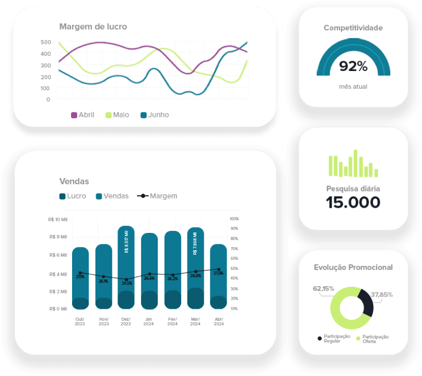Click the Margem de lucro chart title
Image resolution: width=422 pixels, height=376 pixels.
pos(93,27)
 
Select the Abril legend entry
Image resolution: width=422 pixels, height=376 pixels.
pos(83,115)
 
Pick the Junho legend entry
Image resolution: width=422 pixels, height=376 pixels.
pos(155,115)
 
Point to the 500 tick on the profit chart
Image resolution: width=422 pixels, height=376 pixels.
pos(45,42)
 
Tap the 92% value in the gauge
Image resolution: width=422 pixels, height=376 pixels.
pos(353,66)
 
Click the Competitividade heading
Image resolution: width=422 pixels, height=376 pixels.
pos(353,28)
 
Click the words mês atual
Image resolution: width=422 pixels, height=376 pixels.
pos(353,87)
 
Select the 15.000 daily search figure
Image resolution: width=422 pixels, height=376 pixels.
pos(353,203)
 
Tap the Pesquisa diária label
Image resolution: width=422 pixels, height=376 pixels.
pos(353,189)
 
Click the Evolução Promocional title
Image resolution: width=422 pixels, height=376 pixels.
pos(353,267)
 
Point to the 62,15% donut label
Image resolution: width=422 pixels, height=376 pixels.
pos(323,289)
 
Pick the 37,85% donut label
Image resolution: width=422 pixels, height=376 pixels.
pos(382,295)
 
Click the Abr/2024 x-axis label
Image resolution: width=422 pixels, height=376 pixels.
pos(218,321)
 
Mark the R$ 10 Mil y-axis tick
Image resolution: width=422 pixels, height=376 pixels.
pos(57,219)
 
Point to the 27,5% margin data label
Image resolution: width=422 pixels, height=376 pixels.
pos(218,273)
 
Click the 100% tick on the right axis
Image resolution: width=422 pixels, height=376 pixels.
pos(234,219)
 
